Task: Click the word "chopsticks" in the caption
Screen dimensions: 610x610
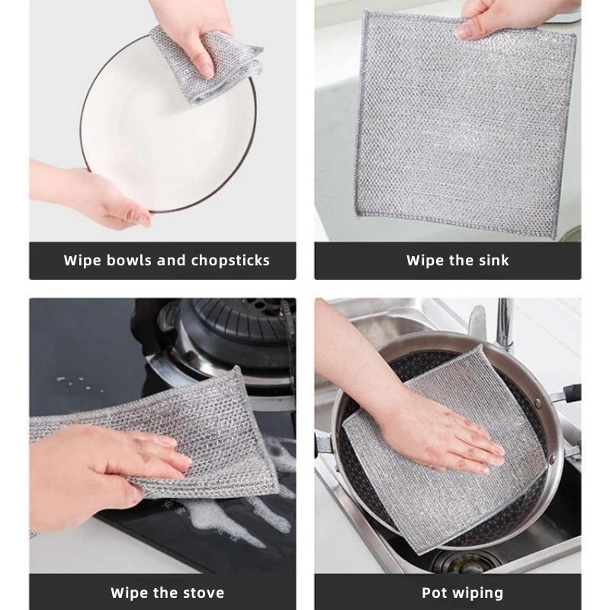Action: (x=230, y=261)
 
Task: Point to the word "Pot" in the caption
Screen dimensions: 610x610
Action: (x=435, y=592)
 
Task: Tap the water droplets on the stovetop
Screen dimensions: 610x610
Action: (x=76, y=381)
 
